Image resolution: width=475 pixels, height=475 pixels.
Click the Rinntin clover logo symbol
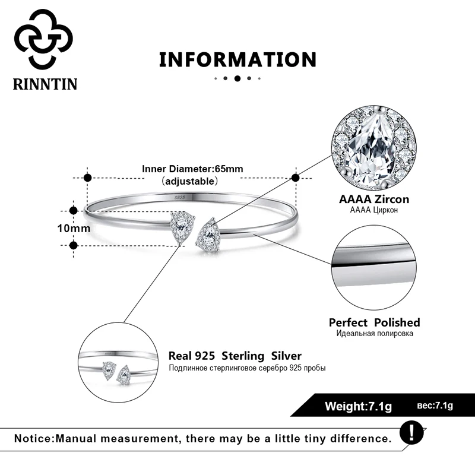[x=43, y=38]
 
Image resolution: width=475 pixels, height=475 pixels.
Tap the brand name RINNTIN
[x=45, y=84]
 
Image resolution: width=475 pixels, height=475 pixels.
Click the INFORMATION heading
[x=237, y=59]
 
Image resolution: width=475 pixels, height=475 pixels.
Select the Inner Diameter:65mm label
[x=192, y=169]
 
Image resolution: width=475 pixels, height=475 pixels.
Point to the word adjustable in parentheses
[x=192, y=180]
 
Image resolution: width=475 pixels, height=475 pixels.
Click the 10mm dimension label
[x=74, y=227]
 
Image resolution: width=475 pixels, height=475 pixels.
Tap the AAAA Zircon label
[x=374, y=199]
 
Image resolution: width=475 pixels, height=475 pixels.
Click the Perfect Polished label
[x=374, y=322]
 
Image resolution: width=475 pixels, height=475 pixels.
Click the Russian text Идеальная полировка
[x=374, y=334]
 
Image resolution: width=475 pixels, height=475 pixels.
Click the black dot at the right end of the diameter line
[x=295, y=178]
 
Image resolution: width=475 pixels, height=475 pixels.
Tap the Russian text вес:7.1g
[x=435, y=406]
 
